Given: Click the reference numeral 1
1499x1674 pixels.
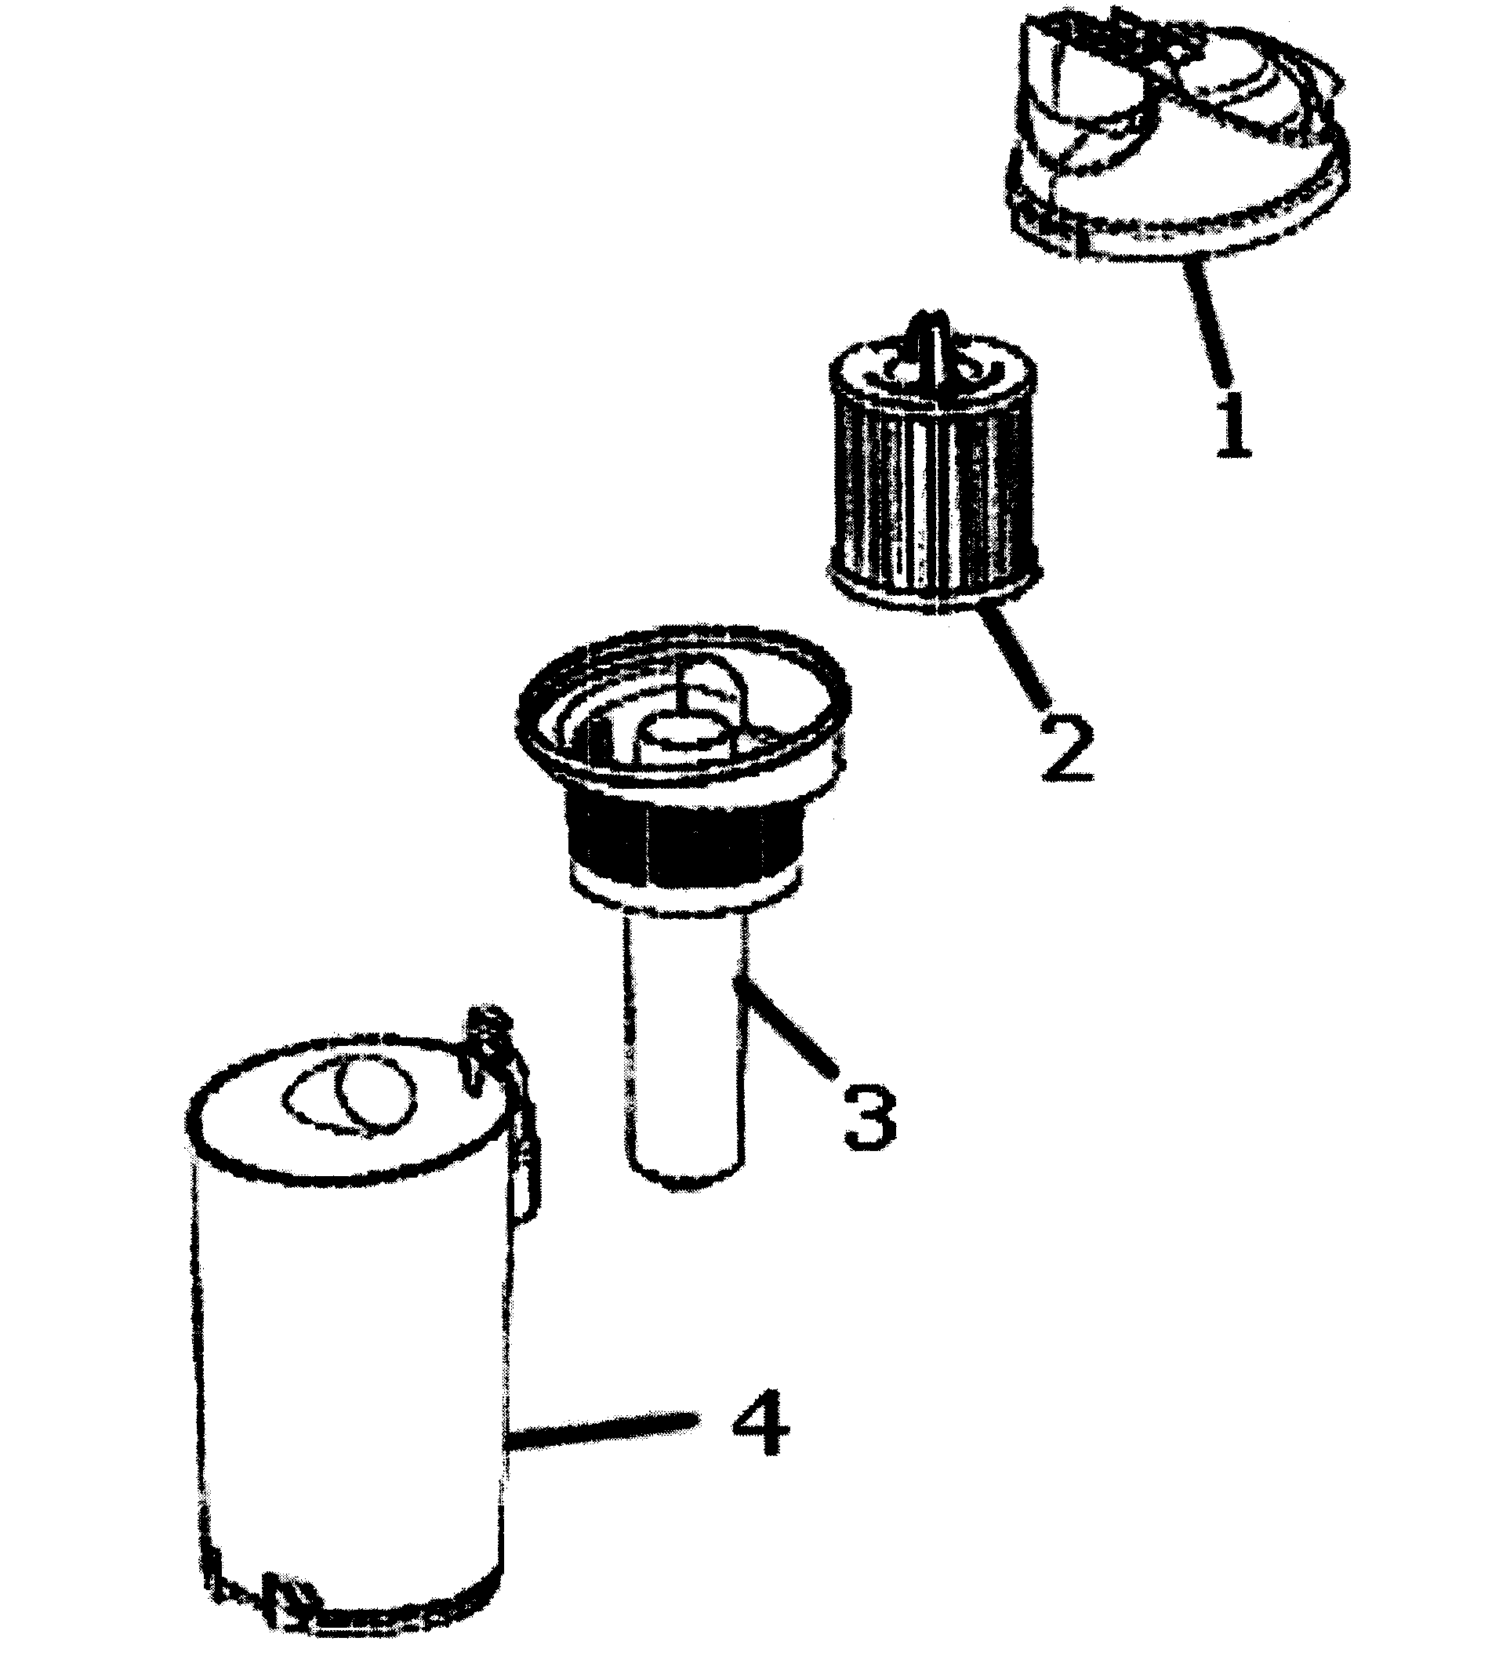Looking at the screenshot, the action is click(1232, 425).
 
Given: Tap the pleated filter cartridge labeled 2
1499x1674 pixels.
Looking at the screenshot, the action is click(934, 474).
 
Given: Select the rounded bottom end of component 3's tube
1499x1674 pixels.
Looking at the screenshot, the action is click(685, 1174).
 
